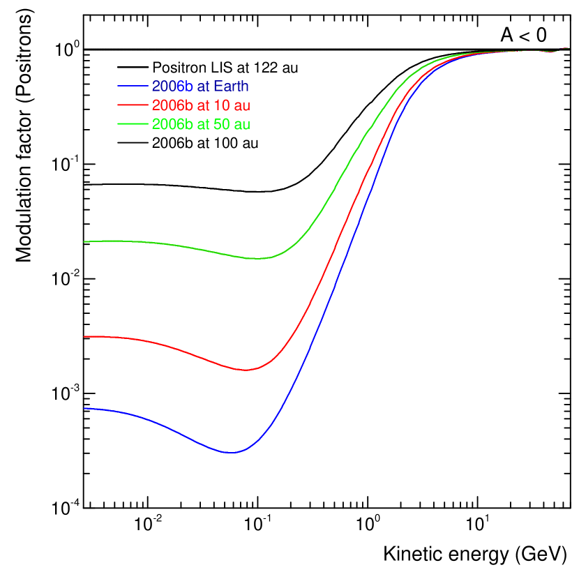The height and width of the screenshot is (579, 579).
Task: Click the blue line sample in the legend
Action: (x=133, y=87)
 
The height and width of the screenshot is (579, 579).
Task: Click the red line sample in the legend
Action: (x=133, y=105)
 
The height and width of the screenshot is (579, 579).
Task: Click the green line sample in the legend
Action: (x=133, y=124)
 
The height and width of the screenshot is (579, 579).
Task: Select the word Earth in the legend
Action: (x=231, y=87)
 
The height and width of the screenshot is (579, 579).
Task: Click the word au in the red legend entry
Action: (x=241, y=105)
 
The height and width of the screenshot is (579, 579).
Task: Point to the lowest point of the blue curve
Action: (x=231, y=453)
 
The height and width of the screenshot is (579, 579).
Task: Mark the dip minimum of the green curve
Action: (x=258, y=259)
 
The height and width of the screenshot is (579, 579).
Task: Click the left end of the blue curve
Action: (x=84, y=408)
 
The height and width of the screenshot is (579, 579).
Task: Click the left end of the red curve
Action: (x=84, y=336)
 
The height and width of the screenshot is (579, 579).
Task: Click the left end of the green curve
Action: (x=84, y=241)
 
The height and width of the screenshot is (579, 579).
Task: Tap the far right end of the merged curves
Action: (x=567, y=48)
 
